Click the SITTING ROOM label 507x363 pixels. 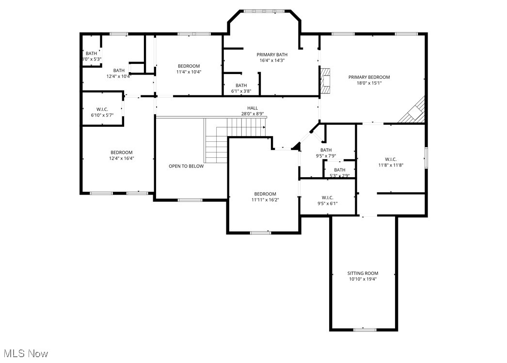(363, 273)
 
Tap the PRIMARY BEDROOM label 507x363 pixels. (369, 77)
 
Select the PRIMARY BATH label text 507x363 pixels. (272, 55)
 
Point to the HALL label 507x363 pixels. (253, 108)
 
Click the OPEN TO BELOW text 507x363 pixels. (186, 166)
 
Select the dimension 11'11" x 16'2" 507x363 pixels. (265, 199)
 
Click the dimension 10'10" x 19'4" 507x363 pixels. (363, 279)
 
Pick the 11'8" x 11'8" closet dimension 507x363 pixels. (391, 165)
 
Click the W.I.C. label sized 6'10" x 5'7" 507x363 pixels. (102, 109)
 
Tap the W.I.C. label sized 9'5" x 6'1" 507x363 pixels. (327, 197)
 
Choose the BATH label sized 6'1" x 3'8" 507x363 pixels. (241, 85)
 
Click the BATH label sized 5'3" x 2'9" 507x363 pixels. (339, 170)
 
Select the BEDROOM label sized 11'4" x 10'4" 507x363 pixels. (189, 66)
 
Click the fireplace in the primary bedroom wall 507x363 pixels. (325, 80)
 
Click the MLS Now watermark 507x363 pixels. (24, 353)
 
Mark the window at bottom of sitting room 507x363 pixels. (364, 330)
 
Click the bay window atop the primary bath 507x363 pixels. (264, 11)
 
